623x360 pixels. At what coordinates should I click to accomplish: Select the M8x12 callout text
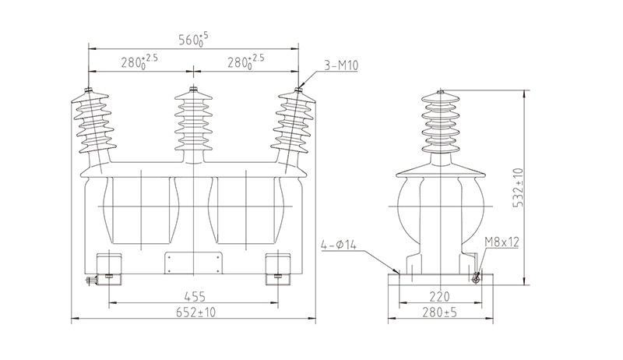tap(504, 243)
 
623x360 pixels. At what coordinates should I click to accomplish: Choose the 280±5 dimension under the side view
tap(440, 312)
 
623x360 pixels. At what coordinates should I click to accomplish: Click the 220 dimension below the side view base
tap(440, 296)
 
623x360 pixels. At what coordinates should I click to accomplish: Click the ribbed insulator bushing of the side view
tap(440, 125)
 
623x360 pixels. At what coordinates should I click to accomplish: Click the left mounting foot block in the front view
tap(107, 265)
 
